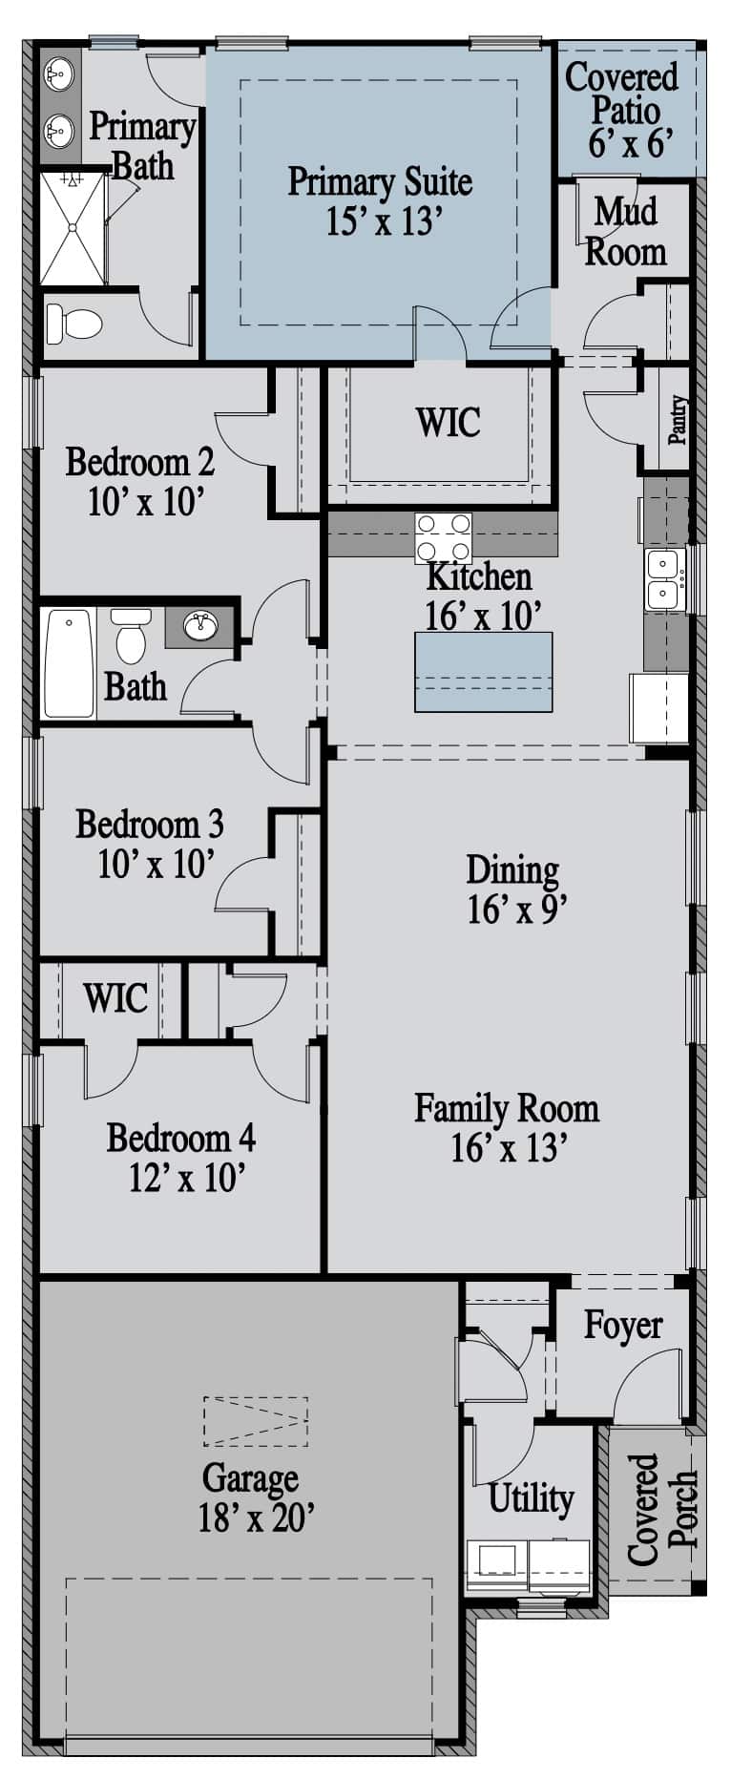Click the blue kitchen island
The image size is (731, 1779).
484,671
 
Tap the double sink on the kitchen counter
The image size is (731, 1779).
664,578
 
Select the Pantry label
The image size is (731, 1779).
677,419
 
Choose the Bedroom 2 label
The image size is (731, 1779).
140,462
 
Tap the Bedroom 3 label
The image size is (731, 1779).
150,823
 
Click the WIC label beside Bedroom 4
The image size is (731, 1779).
115,998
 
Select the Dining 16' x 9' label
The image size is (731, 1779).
512,889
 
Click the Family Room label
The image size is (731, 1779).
507,1108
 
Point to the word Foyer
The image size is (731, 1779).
623,1326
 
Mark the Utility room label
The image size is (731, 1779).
531,1497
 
